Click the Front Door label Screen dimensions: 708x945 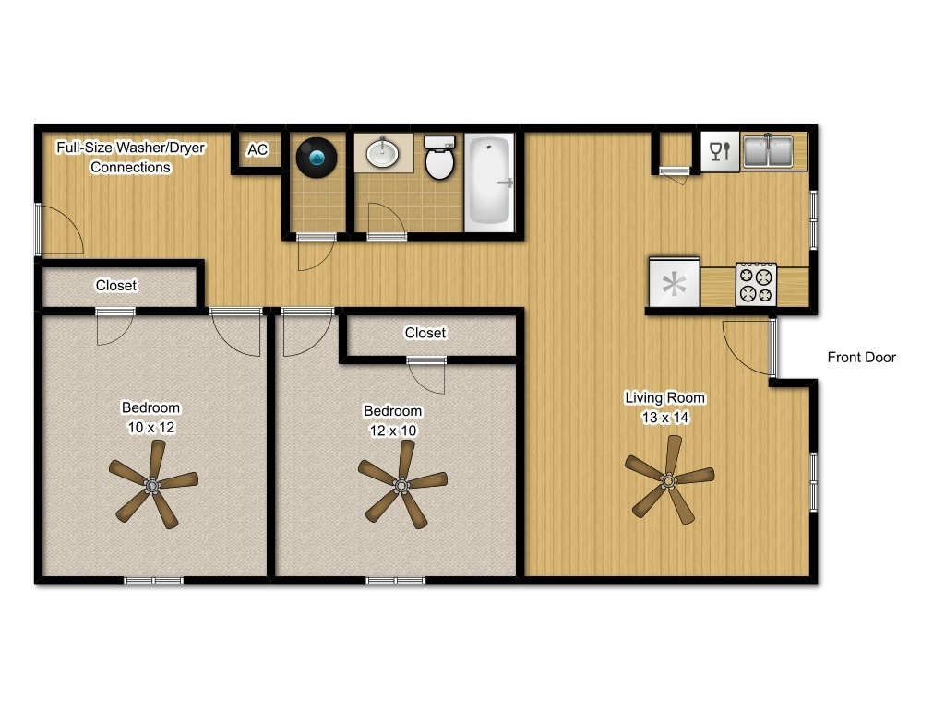(x=860, y=358)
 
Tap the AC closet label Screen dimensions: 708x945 (x=257, y=149)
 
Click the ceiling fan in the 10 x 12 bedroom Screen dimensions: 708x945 (x=152, y=483)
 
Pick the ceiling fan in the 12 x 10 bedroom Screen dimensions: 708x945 (x=401, y=483)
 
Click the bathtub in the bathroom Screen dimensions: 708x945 (x=488, y=182)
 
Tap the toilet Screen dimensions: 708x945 (x=439, y=159)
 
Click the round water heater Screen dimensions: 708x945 (x=316, y=158)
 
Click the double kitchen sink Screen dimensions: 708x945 (x=768, y=151)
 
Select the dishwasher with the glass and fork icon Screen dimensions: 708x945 (x=720, y=151)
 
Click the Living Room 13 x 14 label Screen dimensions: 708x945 (x=665, y=407)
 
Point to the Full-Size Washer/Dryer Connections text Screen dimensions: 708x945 (x=130, y=157)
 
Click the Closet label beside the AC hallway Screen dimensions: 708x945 (x=116, y=286)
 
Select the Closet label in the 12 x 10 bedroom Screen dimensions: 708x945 (x=425, y=333)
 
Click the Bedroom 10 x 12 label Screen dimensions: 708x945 (x=151, y=418)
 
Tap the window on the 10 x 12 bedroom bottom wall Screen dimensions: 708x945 (x=153, y=580)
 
